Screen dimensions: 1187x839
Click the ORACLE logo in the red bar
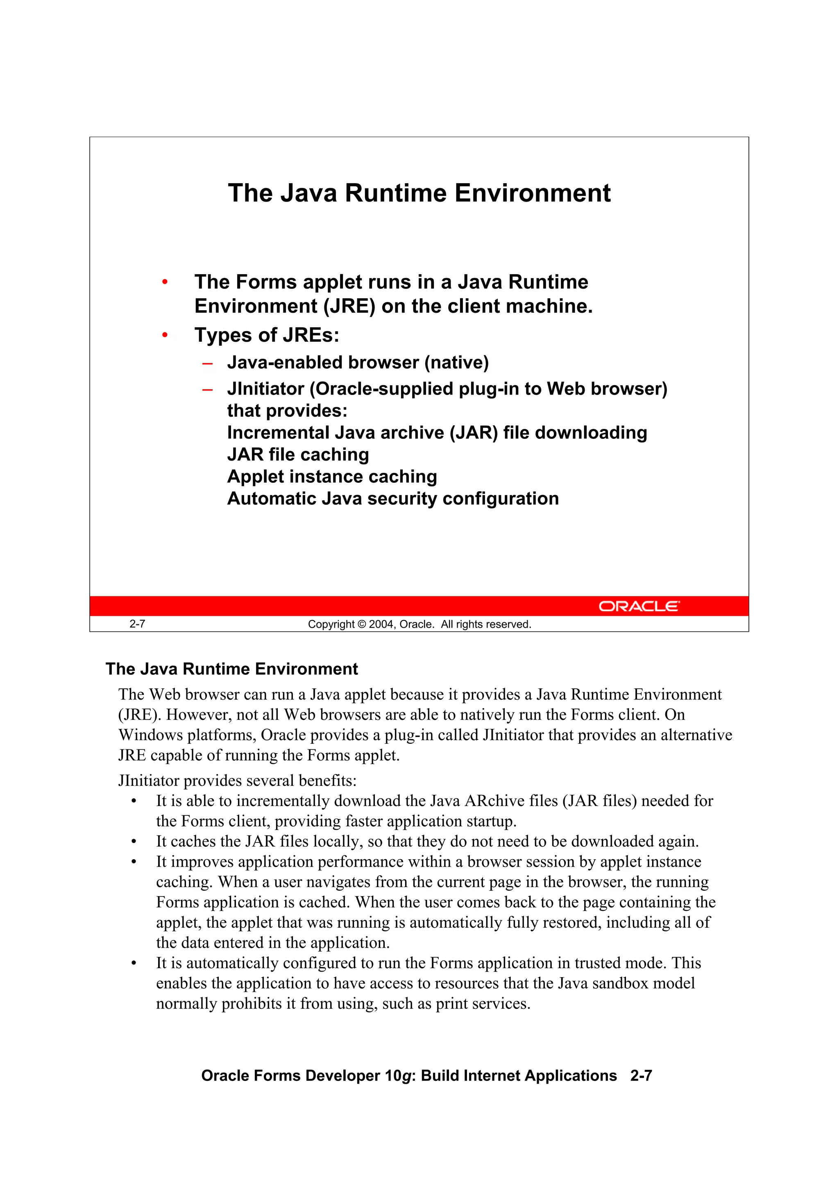point(639,606)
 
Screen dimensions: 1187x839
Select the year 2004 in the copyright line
point(381,624)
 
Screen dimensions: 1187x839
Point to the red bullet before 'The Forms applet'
point(165,282)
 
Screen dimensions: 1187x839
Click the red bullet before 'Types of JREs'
point(165,336)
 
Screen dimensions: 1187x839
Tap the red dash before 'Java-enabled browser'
point(207,363)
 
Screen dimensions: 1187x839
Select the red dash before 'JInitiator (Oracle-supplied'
point(207,390)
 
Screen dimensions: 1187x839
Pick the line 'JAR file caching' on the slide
point(298,454)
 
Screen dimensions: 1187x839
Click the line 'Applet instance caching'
point(332,477)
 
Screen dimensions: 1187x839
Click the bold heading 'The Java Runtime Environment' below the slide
point(231,669)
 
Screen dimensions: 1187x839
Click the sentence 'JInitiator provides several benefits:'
point(237,780)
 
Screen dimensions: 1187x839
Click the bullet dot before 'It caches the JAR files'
point(134,842)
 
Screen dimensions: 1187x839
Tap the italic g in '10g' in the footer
point(406,1076)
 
